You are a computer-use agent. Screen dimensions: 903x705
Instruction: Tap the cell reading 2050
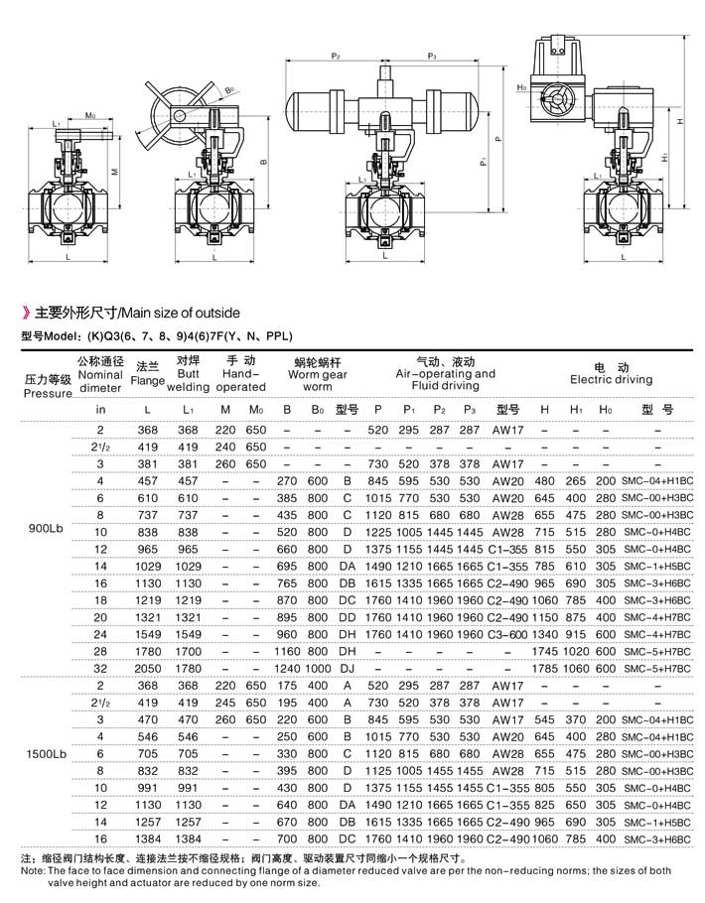pyautogui.click(x=148, y=669)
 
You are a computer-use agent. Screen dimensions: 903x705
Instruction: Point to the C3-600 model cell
pyautogui.click(x=508, y=633)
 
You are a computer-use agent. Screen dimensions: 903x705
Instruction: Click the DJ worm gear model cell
pyautogui.click(x=347, y=669)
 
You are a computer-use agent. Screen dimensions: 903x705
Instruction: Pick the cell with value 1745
pyautogui.click(x=544, y=651)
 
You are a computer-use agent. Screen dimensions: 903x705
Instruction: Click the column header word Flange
pyautogui.click(x=148, y=379)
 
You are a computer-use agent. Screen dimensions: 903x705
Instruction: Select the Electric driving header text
pyautogui.click(x=611, y=379)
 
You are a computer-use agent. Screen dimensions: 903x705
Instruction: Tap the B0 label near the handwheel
pyautogui.click(x=229, y=90)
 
